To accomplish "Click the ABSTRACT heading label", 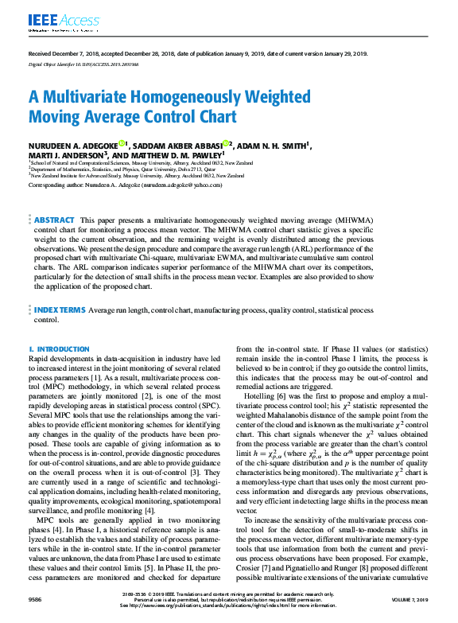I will click(55, 197).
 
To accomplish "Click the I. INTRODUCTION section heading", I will click(59, 349).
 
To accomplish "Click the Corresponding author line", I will click(118, 184).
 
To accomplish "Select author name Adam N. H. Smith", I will click(274, 146).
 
